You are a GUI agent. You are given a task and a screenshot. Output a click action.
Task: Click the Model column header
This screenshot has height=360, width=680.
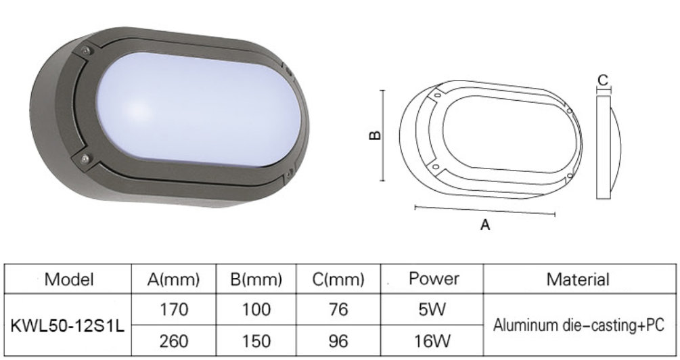[68, 279]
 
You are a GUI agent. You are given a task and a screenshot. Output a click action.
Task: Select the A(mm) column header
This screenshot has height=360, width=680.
[173, 279]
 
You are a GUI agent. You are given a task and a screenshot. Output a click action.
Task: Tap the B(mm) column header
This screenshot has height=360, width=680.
[256, 279]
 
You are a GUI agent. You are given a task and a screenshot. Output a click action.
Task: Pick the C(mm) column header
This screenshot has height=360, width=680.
[339, 279]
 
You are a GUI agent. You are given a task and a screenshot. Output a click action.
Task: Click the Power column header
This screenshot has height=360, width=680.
[434, 278]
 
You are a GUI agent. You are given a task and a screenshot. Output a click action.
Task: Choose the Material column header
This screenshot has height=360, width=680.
[578, 279]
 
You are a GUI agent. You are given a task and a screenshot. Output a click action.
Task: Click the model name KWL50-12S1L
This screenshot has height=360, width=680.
[68, 325]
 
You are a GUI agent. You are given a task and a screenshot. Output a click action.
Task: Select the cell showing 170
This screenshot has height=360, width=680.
[173, 311]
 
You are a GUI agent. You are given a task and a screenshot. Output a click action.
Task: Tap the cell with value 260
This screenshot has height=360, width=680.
[173, 340]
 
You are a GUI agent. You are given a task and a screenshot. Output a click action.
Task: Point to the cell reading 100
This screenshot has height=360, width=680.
[256, 311]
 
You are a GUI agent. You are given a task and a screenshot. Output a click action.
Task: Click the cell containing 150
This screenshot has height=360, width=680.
[256, 340]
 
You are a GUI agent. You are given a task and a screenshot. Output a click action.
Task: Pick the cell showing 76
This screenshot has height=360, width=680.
[339, 311]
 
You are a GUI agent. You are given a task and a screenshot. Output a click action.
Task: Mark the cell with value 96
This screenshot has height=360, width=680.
[339, 340]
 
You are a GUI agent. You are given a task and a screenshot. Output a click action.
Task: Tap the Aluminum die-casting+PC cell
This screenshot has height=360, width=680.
[579, 325]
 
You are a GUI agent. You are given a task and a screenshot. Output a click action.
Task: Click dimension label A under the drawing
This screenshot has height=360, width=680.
[484, 226]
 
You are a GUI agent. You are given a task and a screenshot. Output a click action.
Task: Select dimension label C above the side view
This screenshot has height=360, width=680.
[602, 79]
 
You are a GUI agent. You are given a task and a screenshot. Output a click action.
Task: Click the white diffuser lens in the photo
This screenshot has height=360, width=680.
[196, 112]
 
